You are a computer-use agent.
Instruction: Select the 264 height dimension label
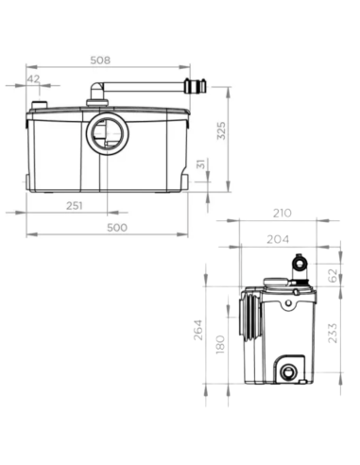(x=200, y=333)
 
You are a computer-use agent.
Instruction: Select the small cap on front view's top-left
(x=40, y=105)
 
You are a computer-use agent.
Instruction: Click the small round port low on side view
(x=287, y=370)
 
